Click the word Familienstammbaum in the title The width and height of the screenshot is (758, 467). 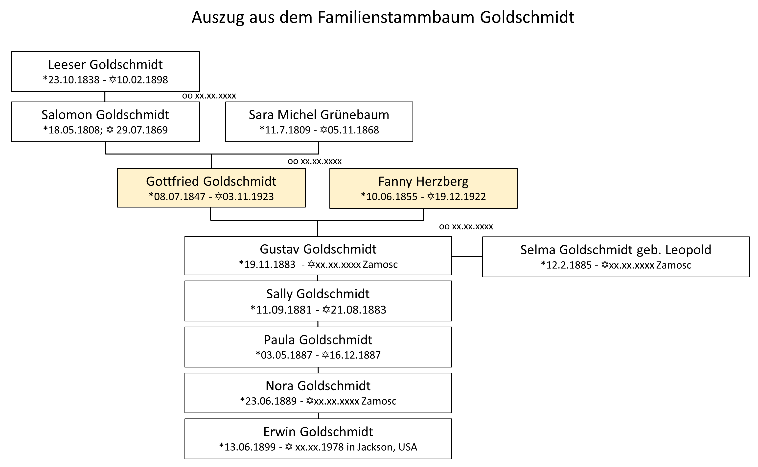[x=396, y=17]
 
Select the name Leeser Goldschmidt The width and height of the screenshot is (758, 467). [x=105, y=65]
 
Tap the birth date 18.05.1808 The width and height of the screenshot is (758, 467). [x=74, y=130]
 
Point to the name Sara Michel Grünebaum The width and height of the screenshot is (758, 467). [x=319, y=115]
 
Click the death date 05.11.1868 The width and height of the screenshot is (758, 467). [x=353, y=130]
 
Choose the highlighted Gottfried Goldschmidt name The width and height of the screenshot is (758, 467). [x=211, y=181]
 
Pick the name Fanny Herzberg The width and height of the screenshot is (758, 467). [x=423, y=182]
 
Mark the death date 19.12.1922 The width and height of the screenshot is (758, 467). [x=460, y=197]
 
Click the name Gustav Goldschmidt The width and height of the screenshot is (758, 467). [x=318, y=249]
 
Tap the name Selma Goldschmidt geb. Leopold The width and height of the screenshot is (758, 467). [x=616, y=250]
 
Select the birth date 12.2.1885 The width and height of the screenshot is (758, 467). [x=569, y=265]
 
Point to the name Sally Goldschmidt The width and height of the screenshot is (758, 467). [x=318, y=294]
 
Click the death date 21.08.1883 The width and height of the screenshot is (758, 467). [x=358, y=310]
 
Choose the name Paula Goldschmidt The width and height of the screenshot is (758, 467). [x=318, y=340]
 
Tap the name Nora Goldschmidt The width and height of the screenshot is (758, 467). [x=318, y=386]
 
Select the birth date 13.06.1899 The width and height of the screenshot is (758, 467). [x=250, y=447]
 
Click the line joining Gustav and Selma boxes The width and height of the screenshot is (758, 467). [x=467, y=256]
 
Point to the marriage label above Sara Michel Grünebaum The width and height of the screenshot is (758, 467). [x=209, y=96]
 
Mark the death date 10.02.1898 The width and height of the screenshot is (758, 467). [x=142, y=80]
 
